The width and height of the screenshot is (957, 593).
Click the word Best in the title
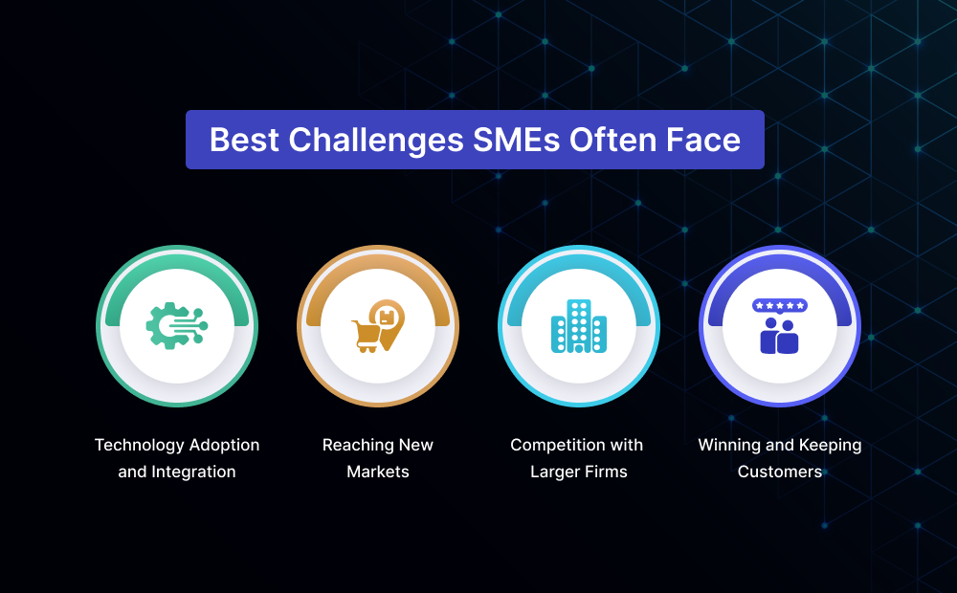pos(244,140)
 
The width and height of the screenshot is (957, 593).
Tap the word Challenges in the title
pos(376,141)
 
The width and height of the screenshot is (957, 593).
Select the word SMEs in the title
pos(517,140)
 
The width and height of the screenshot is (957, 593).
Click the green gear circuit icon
pos(177,326)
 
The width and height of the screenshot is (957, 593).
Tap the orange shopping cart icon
pos(366,336)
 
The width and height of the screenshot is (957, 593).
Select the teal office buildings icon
pos(579,326)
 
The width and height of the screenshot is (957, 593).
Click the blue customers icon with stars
pos(779,326)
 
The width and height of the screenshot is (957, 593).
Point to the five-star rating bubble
pos(780,306)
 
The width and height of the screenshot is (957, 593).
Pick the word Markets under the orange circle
pos(378,472)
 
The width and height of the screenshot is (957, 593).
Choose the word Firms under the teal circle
pos(606,472)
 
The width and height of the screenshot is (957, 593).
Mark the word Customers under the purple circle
pos(779,472)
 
